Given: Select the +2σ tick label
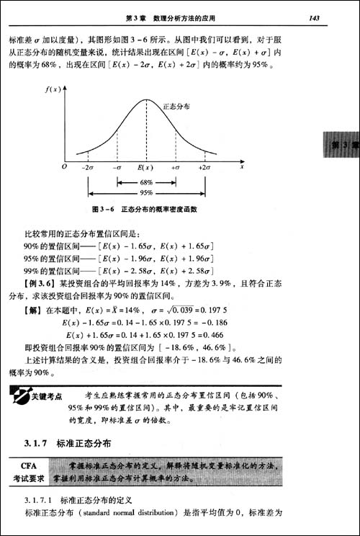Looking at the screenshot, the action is click(204, 166).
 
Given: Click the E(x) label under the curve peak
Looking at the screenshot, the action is click(146, 166).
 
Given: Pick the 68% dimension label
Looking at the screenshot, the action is click(146, 182).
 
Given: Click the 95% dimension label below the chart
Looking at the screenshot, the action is click(146, 192).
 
